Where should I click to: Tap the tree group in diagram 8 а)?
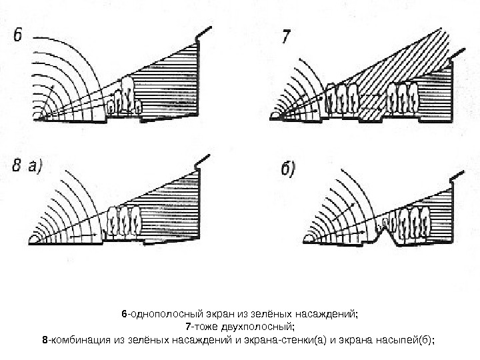(123, 221)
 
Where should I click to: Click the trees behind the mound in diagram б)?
(411, 222)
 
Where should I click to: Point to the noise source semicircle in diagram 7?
(275, 116)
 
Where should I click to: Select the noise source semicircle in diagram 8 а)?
(33, 239)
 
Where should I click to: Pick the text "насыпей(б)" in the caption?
(406, 339)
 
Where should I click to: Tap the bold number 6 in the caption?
(123, 314)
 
